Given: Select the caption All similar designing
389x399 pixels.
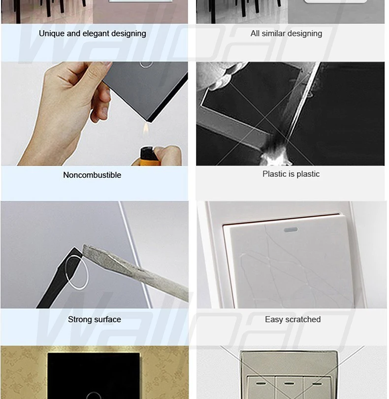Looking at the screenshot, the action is (x=286, y=33).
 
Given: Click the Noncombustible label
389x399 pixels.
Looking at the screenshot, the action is (x=92, y=175).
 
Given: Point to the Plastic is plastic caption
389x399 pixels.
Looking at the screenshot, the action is (x=291, y=174).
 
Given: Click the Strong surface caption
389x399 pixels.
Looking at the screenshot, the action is (x=95, y=319).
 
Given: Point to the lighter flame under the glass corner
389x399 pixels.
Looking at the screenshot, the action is (x=146, y=129).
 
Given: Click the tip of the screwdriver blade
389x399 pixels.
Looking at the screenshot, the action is (x=84, y=246).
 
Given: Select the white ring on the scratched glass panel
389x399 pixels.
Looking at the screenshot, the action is (x=77, y=272).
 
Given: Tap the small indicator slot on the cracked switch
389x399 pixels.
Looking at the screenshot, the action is (x=291, y=230).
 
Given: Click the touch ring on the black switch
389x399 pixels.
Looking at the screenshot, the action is (x=94, y=396).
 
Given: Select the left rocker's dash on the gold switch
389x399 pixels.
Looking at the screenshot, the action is (x=260, y=383).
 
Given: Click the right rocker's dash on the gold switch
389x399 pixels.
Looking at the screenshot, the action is (x=317, y=383).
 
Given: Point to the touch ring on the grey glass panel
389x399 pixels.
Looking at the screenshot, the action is (x=146, y=65).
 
